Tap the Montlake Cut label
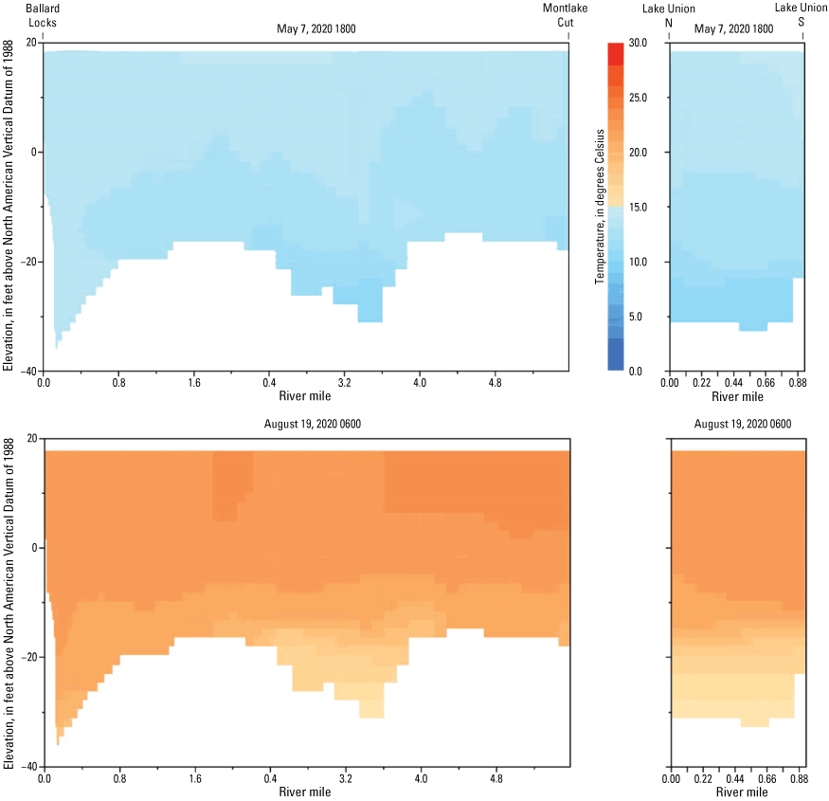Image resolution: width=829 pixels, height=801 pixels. [560, 13]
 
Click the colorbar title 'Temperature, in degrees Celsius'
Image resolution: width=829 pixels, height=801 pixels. [599, 207]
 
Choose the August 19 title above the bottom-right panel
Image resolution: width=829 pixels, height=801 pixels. [736, 425]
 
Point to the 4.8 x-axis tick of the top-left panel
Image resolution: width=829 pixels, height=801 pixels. [496, 383]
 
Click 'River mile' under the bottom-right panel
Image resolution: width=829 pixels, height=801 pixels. [736, 792]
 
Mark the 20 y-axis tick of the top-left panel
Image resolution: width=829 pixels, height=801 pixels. [31, 43]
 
